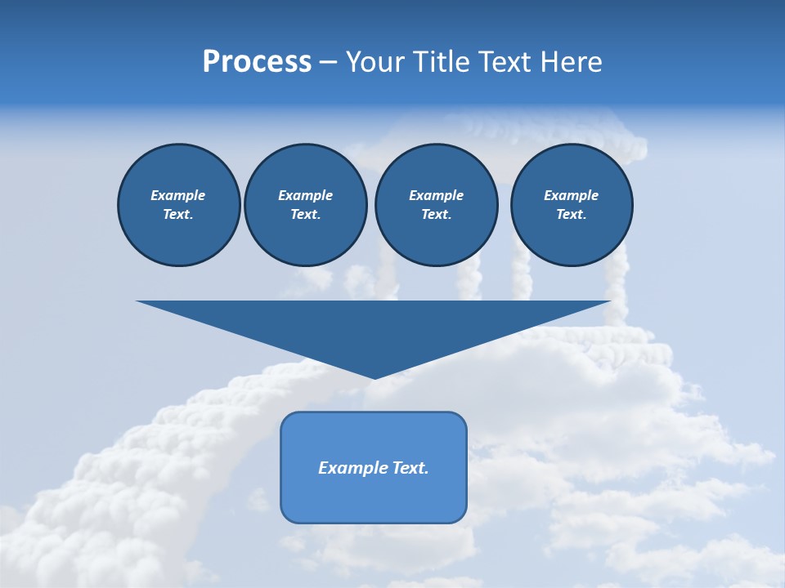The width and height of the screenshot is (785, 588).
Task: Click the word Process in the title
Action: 257,62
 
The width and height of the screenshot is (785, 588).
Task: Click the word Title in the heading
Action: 440,62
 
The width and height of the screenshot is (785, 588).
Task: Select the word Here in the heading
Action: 571,62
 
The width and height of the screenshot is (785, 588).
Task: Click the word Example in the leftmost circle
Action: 178,195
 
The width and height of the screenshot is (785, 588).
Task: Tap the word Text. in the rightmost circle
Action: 571,214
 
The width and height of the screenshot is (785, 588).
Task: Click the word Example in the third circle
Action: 436,195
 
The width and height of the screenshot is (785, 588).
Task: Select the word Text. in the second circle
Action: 305,214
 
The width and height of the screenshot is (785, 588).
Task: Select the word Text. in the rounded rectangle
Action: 410,468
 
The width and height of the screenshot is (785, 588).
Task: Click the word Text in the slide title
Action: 505,62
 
